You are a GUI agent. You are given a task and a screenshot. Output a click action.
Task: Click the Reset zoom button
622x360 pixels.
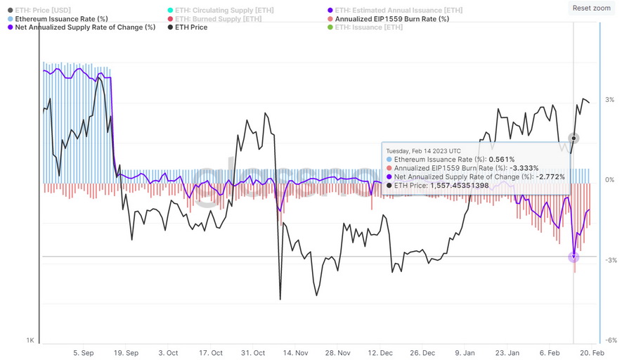click(x=591, y=8)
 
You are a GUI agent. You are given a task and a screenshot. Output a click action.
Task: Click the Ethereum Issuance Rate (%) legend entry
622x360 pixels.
click(x=61, y=19)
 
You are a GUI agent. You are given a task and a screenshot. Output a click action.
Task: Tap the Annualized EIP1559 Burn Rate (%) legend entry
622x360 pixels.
click(x=391, y=19)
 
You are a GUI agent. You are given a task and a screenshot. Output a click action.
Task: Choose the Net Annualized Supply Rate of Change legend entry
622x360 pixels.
click(x=85, y=27)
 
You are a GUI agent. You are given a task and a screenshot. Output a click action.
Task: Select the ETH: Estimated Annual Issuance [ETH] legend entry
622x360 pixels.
click(x=399, y=10)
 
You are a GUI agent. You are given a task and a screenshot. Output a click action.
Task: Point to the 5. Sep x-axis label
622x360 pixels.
click(x=83, y=352)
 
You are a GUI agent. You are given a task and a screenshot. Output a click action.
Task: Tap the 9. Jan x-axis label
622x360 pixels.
click(x=465, y=352)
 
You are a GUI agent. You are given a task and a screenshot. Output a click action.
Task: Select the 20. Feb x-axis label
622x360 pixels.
click(x=592, y=352)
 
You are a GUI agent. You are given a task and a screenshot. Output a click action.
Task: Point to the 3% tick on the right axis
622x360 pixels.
click(x=609, y=100)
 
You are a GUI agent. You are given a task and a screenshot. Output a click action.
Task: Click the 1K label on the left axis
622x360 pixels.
click(x=30, y=340)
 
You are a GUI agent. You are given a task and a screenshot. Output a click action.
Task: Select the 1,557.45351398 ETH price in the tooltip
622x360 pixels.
click(x=461, y=185)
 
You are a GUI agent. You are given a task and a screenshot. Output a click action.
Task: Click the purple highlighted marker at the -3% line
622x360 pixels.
click(x=574, y=257)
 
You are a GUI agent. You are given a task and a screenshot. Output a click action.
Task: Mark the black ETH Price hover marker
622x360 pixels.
click(x=574, y=138)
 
